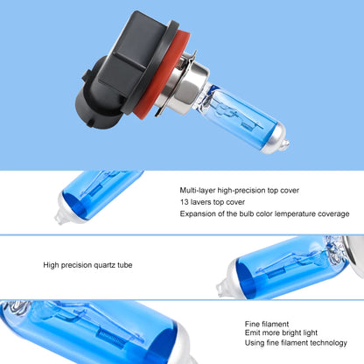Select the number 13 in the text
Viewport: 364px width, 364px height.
(x=184, y=202)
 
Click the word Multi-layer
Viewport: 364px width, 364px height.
(x=198, y=191)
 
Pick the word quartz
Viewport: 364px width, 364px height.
(x=104, y=265)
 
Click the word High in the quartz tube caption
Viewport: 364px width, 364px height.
(x=51, y=265)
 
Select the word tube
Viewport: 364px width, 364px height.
(x=125, y=265)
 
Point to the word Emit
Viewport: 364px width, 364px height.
(x=252, y=332)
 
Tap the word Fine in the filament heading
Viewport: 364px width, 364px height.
(x=252, y=324)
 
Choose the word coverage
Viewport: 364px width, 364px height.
(x=333, y=214)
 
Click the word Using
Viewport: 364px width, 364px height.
(x=255, y=343)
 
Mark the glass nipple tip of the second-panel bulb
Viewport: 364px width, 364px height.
(x=59, y=219)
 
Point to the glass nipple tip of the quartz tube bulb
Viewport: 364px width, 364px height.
(x=221, y=287)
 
